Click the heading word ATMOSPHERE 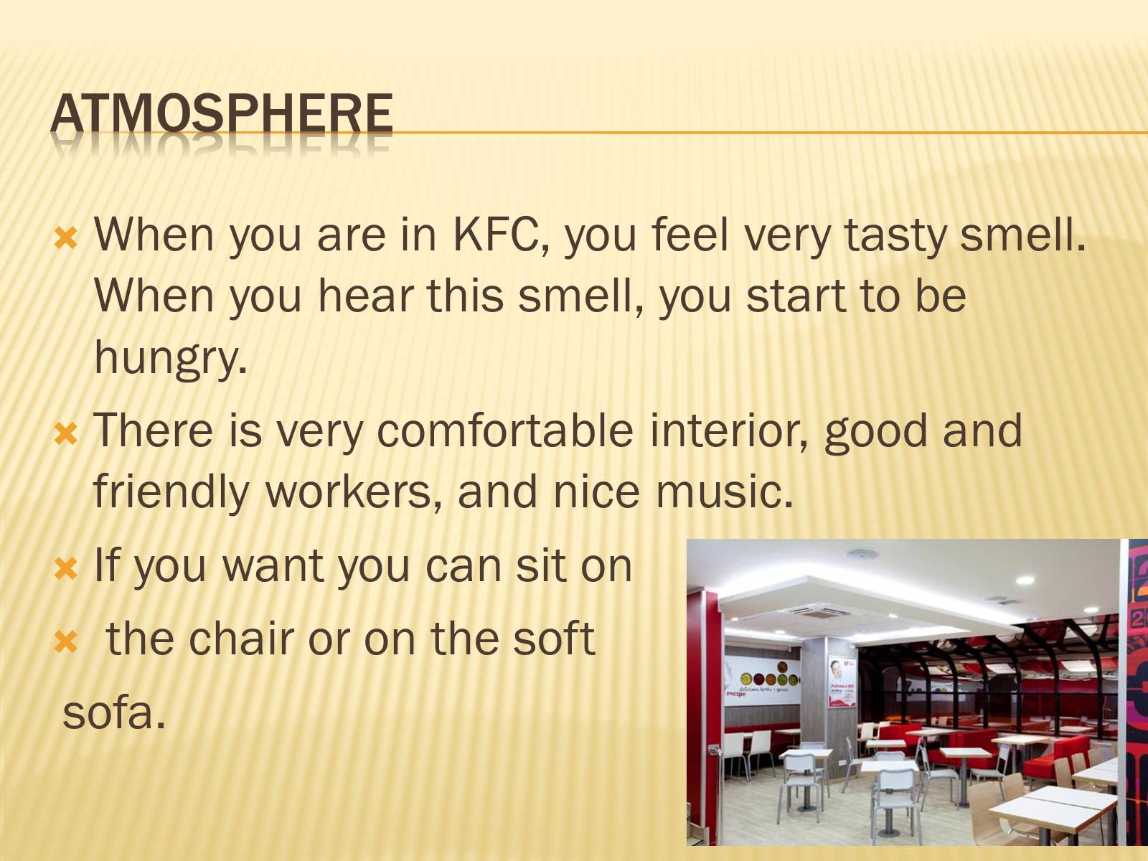click(x=221, y=115)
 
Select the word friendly click(x=171, y=492)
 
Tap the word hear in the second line click(x=366, y=296)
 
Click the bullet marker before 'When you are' click(x=66, y=240)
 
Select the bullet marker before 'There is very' click(x=66, y=434)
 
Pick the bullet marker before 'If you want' click(x=66, y=569)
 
